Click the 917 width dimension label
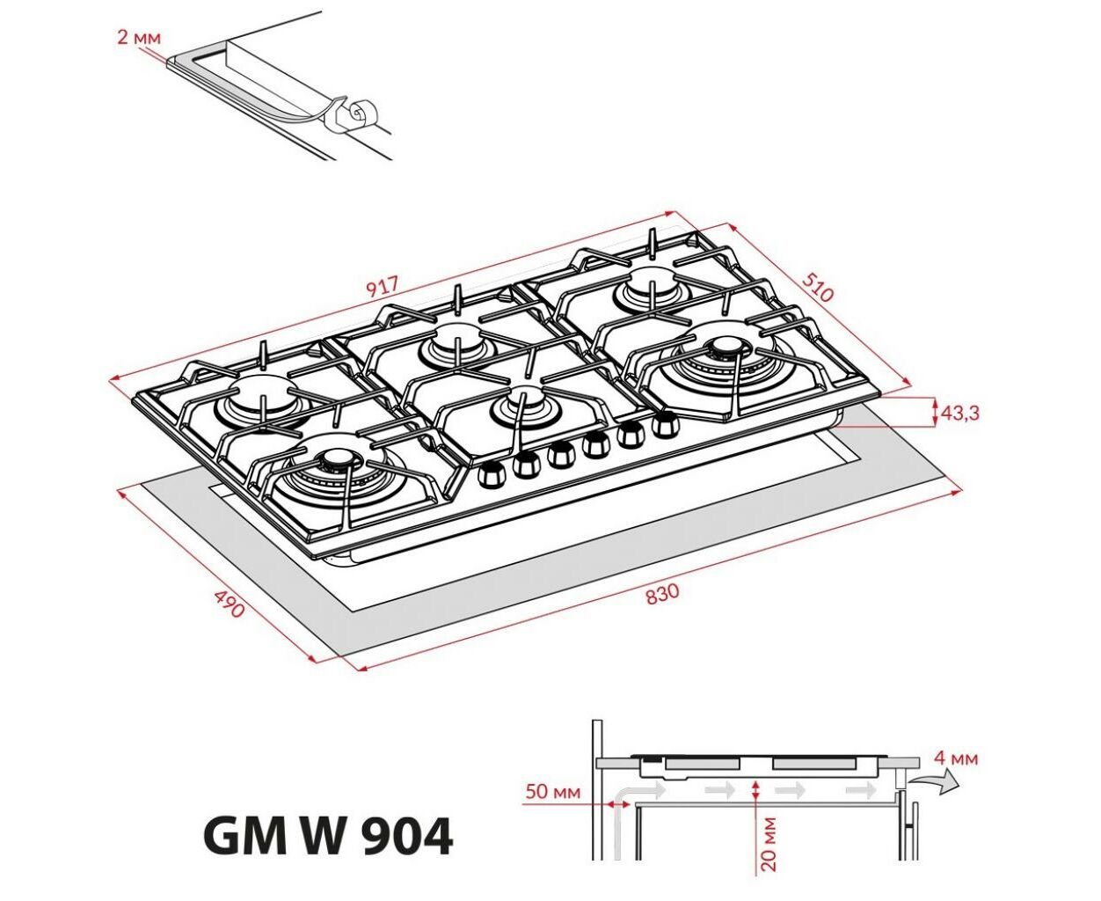click(x=383, y=286)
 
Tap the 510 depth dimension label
click(x=817, y=287)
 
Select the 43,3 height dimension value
click(x=960, y=414)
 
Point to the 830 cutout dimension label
click(x=662, y=594)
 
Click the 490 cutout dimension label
click(x=230, y=604)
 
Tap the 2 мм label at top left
click(x=139, y=38)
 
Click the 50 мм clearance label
click(x=552, y=791)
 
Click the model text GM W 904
click(x=328, y=836)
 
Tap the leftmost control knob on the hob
click(x=492, y=473)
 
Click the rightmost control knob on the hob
click(x=664, y=423)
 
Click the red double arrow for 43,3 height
click(x=935, y=412)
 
